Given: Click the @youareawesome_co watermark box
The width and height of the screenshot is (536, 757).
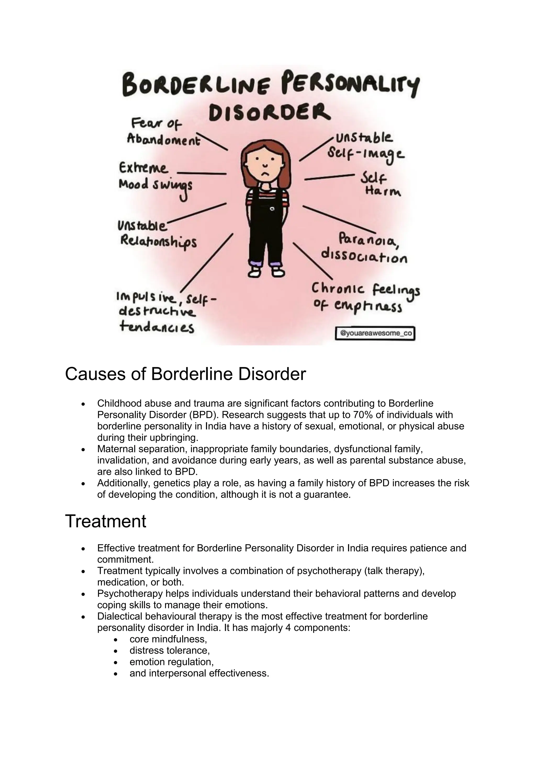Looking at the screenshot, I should pos(375,333).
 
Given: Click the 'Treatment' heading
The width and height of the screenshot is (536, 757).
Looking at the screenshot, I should pos(106,521).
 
